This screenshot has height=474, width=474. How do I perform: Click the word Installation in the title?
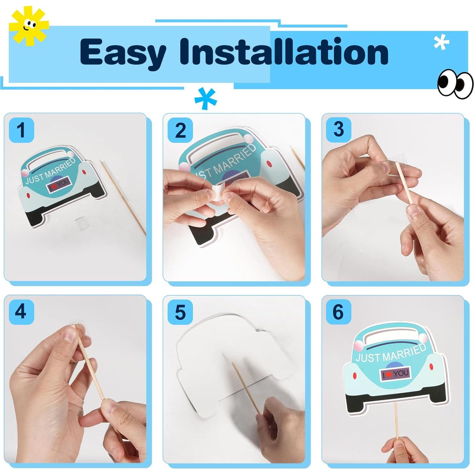284,51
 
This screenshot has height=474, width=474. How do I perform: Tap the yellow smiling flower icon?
29,26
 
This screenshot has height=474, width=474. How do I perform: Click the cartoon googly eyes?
455,84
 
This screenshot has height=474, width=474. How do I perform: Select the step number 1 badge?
22,130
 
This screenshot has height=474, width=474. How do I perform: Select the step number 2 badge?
180,130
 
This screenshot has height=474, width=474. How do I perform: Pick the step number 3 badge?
339,129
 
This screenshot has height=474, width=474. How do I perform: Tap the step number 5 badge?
180,312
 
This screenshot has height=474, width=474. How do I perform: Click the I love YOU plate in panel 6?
395,374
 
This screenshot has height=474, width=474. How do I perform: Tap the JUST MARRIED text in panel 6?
391,353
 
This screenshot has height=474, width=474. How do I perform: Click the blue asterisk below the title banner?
205,99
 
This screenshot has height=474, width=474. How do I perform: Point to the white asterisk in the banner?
441,42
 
